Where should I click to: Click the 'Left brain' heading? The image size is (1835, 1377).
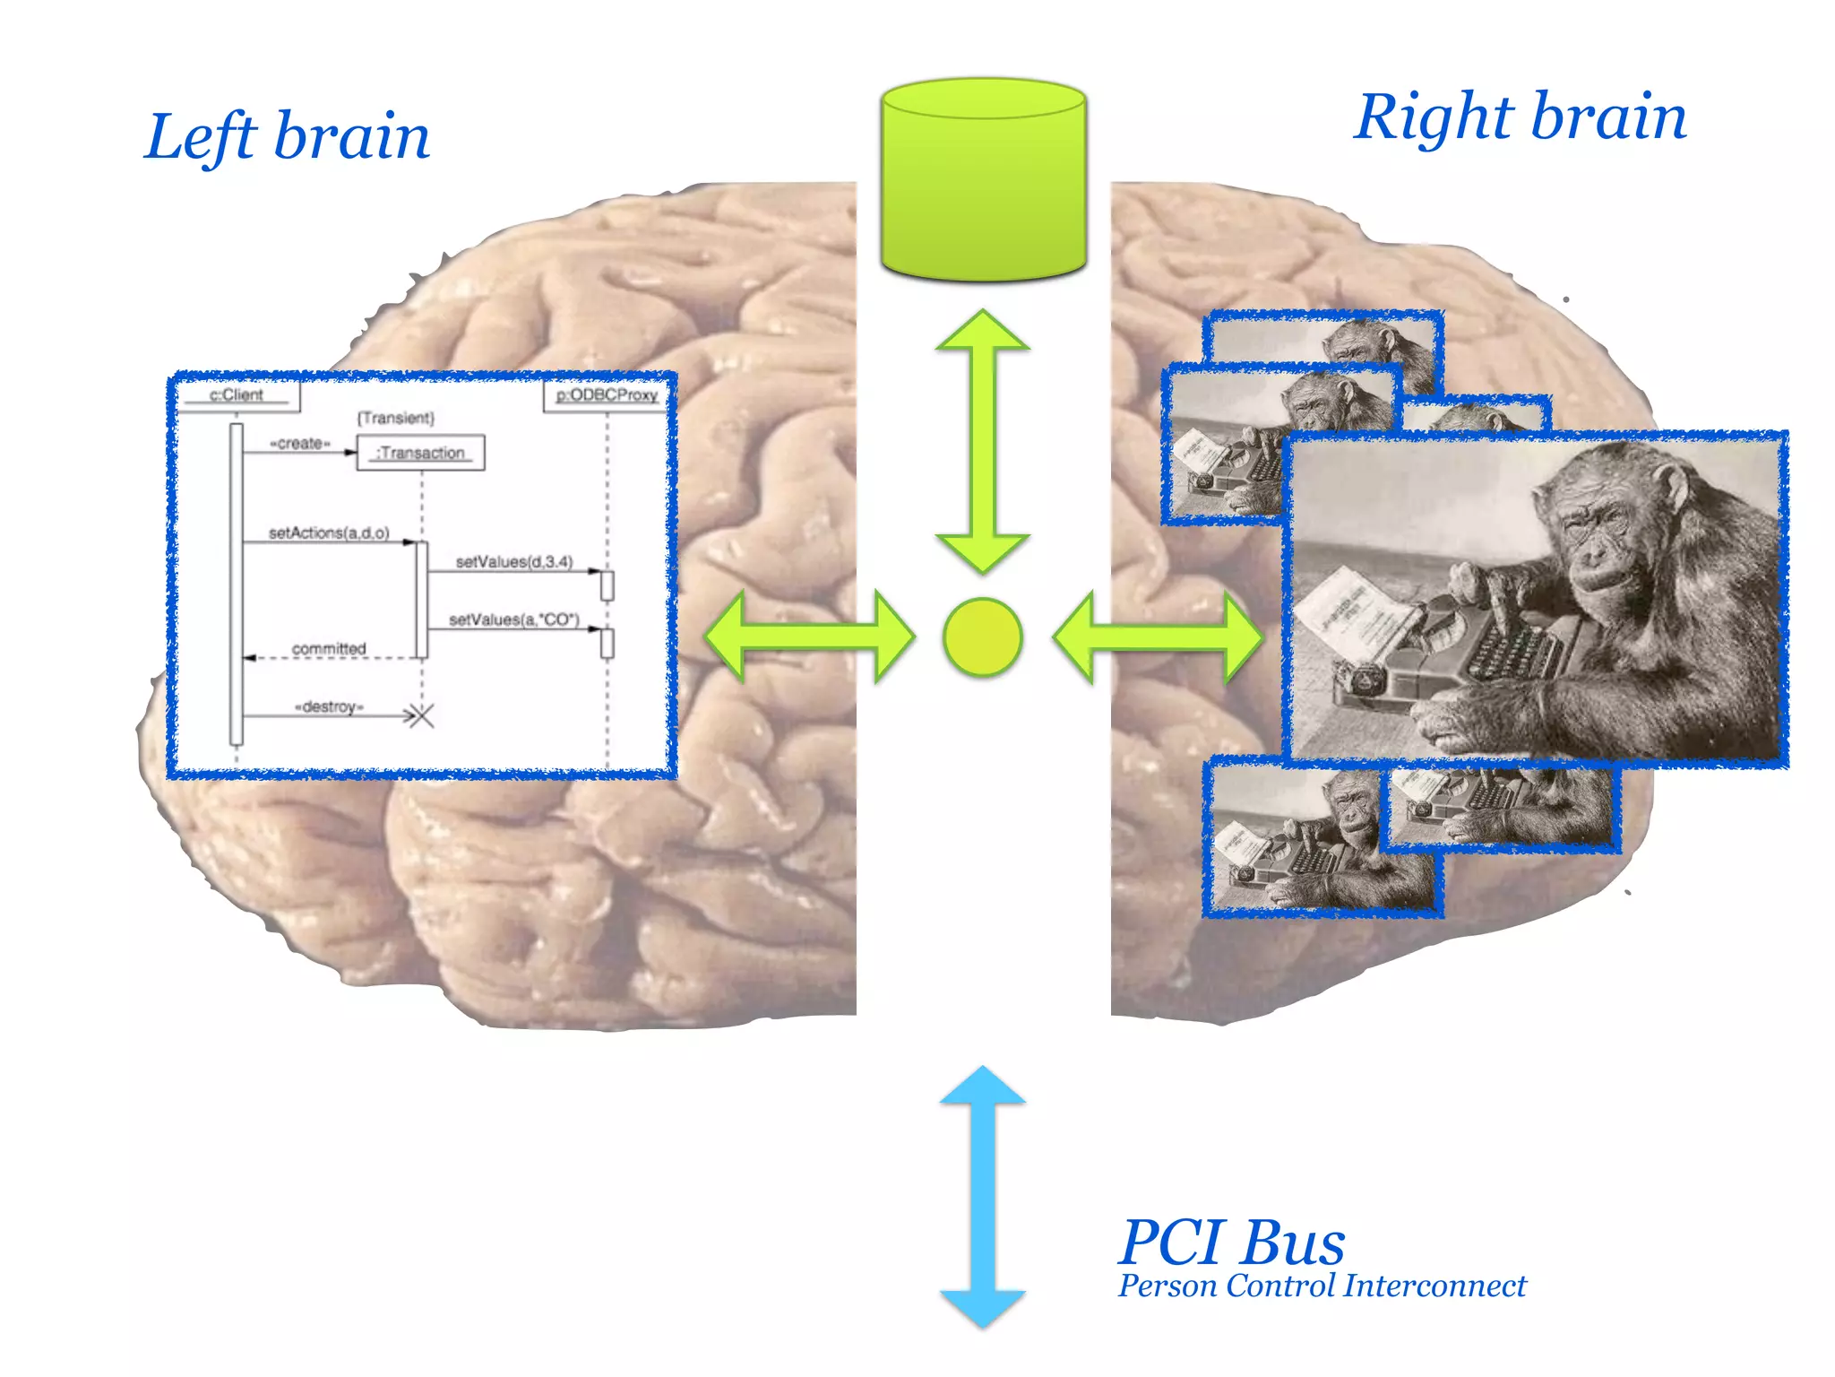click(x=287, y=137)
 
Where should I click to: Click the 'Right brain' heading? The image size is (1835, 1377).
click(x=1520, y=117)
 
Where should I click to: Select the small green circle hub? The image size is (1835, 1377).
click(x=982, y=637)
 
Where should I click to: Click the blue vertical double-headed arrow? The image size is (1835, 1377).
click(x=983, y=1197)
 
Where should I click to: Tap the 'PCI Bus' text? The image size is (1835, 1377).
click(x=1232, y=1243)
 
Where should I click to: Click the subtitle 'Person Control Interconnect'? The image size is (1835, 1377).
click(x=1322, y=1286)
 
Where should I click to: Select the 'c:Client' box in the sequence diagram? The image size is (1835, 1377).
click(x=237, y=395)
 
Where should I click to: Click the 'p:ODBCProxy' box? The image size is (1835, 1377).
click(x=607, y=395)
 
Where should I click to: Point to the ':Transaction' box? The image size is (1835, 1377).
click(x=420, y=453)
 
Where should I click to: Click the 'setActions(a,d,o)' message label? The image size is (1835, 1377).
click(x=329, y=533)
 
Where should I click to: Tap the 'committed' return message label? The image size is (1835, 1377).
click(x=329, y=648)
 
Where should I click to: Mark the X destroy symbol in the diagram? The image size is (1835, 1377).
click(x=419, y=715)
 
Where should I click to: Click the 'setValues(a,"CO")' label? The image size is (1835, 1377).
click(x=514, y=619)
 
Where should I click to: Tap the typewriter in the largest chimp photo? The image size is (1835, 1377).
click(x=1469, y=654)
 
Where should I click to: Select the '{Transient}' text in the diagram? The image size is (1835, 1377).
click(x=395, y=418)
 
